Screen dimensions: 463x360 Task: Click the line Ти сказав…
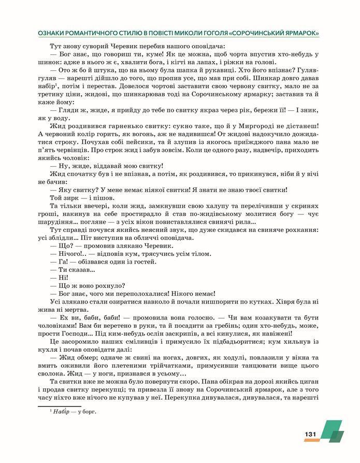coord(73,269)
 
